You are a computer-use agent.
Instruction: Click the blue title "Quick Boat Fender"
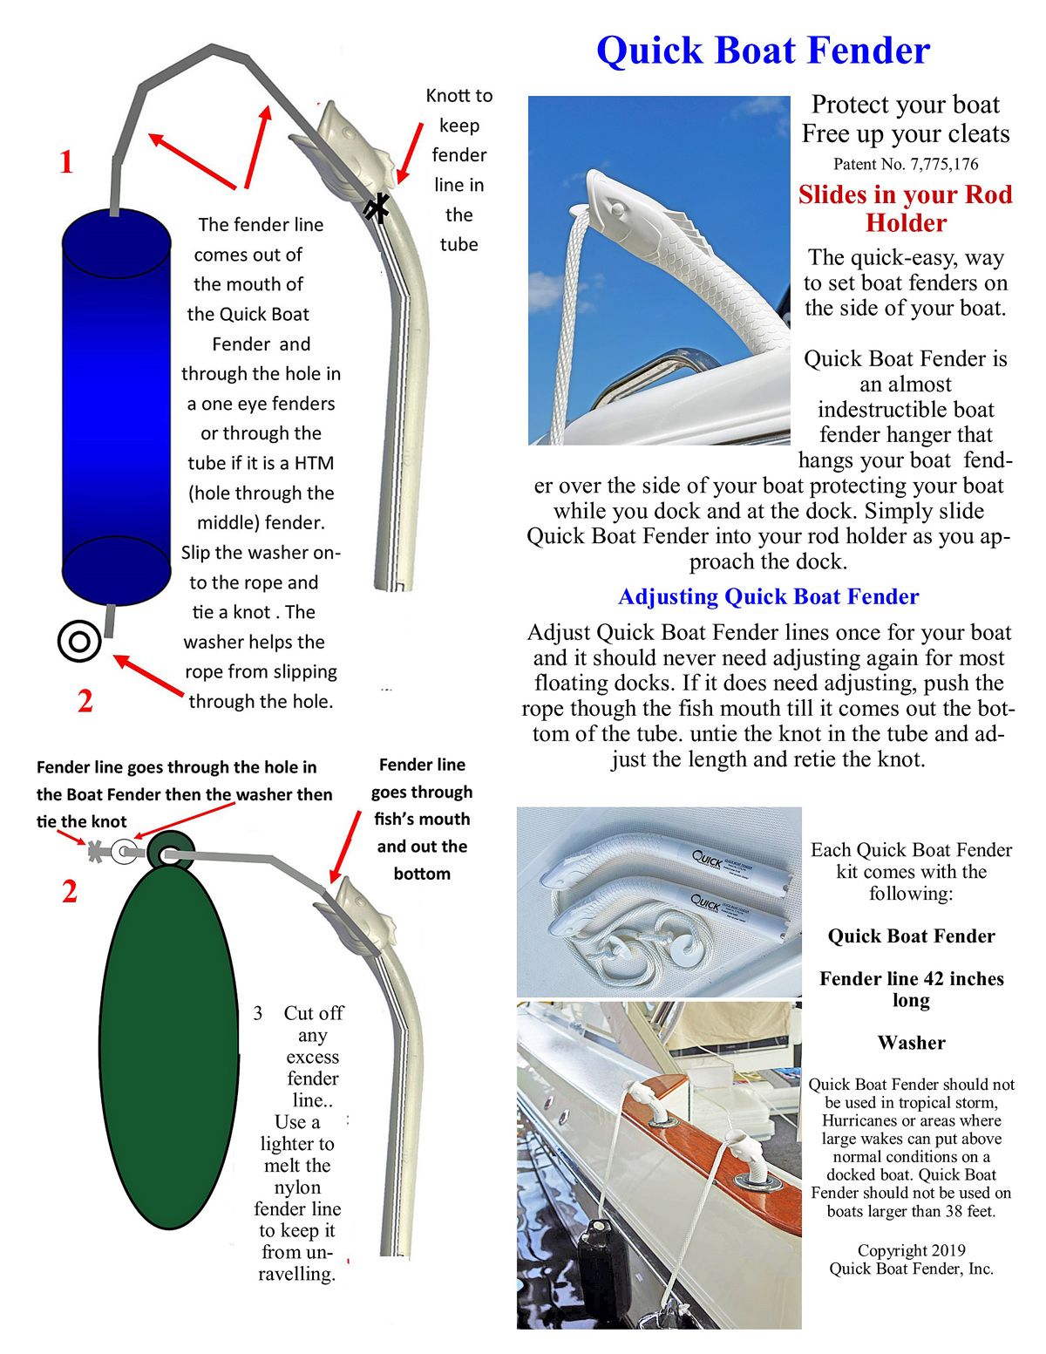click(763, 51)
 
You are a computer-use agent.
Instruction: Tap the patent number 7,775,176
click(906, 164)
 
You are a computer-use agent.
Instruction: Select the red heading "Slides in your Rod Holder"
click(905, 208)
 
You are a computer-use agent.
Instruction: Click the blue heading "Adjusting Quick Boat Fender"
click(768, 596)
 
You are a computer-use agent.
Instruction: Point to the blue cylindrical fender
click(116, 405)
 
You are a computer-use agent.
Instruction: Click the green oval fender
click(169, 1046)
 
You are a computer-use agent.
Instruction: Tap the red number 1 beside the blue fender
click(66, 163)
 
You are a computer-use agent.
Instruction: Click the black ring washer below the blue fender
click(79, 643)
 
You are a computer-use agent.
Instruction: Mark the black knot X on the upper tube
click(377, 208)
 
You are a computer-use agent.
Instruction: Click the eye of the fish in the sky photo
click(616, 209)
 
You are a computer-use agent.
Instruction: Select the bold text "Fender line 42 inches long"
click(911, 989)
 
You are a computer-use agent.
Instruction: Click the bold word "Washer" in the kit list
click(911, 1043)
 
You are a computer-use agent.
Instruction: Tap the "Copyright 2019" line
click(911, 1250)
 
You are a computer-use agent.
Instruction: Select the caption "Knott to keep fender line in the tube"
click(458, 170)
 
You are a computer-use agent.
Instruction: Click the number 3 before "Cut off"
click(258, 1013)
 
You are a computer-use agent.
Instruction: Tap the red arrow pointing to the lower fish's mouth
click(345, 846)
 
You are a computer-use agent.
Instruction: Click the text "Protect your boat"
click(905, 105)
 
